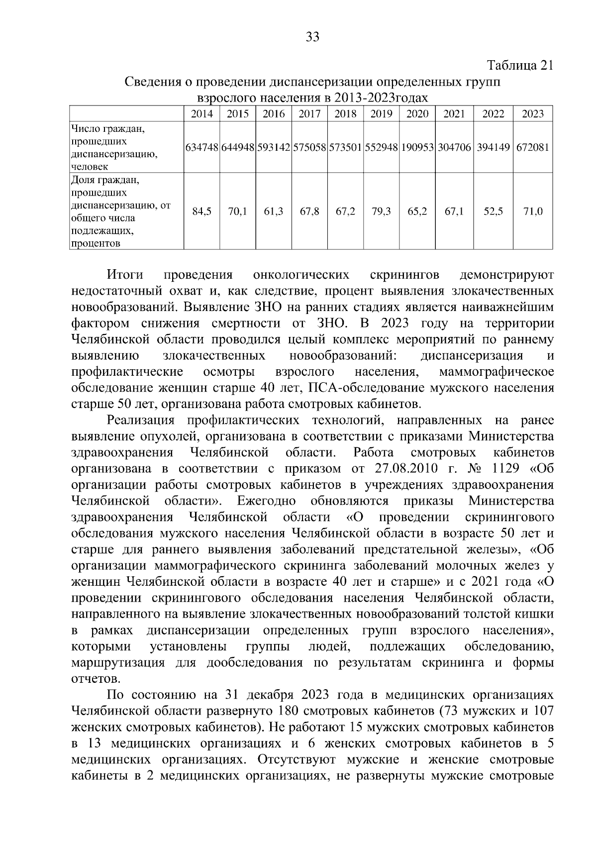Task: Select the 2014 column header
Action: coord(201,113)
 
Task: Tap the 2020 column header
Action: coord(417,113)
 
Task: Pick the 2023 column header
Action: coord(533,113)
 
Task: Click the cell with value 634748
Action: coord(201,148)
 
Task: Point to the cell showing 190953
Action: coord(417,148)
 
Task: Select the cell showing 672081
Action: coord(533,148)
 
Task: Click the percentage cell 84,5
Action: coord(201,211)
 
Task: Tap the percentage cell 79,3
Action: coord(381,211)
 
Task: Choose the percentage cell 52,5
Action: coord(493,211)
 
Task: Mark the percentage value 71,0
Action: coord(533,211)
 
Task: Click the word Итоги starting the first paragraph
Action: coord(125,275)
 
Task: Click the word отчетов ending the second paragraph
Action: coord(96,679)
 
